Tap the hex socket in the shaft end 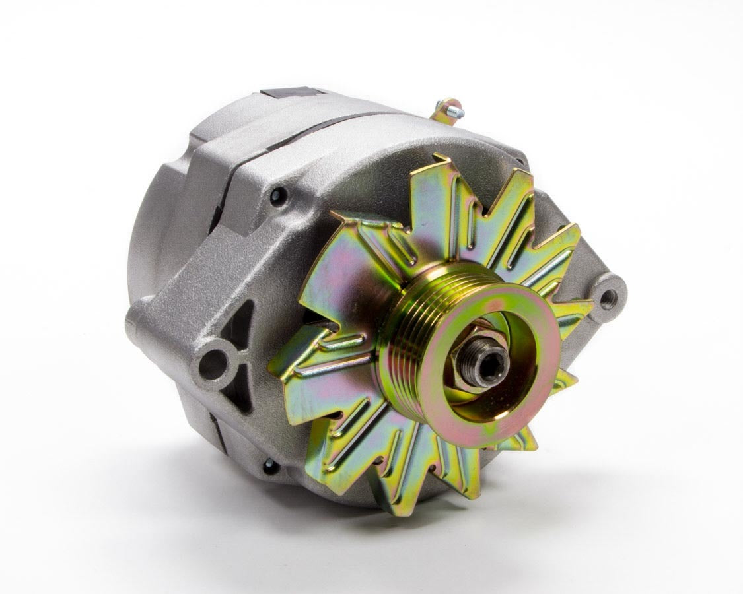tap(492, 362)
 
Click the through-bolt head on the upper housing tap(277, 195)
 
